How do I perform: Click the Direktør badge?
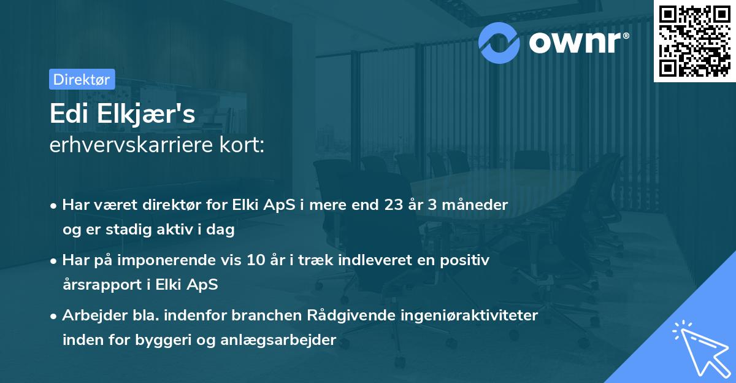[82, 79]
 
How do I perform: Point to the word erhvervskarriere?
[131, 146]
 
